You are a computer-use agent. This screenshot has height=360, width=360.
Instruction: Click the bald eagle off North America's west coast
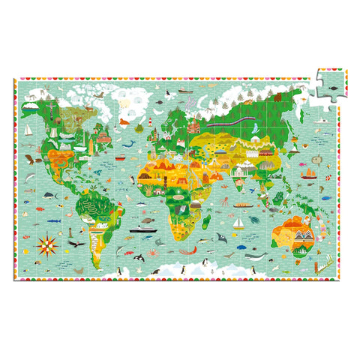click(30, 159)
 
